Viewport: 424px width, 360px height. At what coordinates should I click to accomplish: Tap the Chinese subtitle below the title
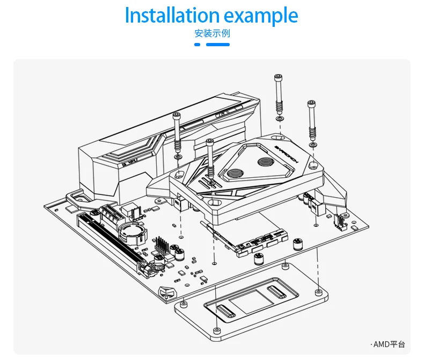coord(212,33)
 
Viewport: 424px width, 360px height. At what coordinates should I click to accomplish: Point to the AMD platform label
coord(388,344)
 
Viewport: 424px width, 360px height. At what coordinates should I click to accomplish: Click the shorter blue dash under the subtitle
coord(197,45)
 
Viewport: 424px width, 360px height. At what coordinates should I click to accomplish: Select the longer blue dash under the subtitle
coord(218,45)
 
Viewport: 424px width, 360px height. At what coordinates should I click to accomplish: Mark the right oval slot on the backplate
coord(277,293)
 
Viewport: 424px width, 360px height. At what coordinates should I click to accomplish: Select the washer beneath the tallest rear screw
coord(278,118)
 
